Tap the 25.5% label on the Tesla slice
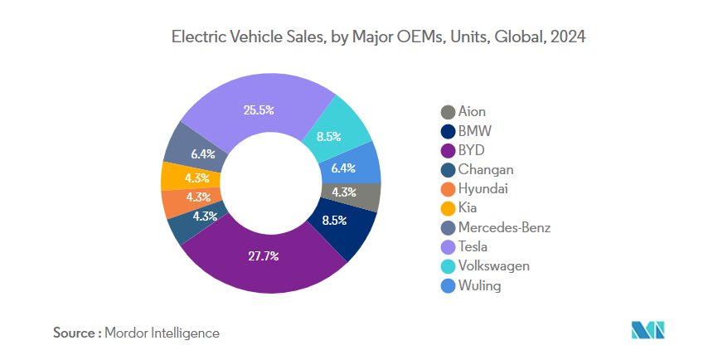click(x=259, y=109)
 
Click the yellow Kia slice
click(x=178, y=177)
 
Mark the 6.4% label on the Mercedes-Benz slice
click(x=203, y=153)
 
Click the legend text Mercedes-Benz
click(x=504, y=227)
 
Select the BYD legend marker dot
click(x=448, y=151)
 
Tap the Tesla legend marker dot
click(x=448, y=247)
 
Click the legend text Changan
click(x=486, y=170)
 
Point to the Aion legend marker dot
click(x=448, y=112)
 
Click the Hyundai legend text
click(x=483, y=189)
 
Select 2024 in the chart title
click(x=567, y=37)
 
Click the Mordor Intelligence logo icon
click(x=650, y=331)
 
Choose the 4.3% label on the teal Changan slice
click(x=205, y=217)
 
